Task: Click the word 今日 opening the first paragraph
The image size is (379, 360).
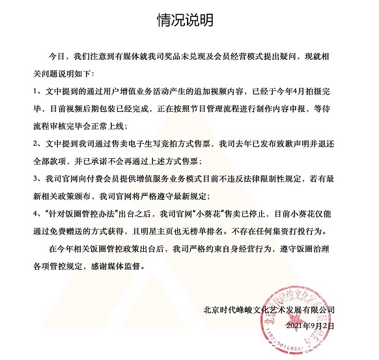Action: [60, 57]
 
